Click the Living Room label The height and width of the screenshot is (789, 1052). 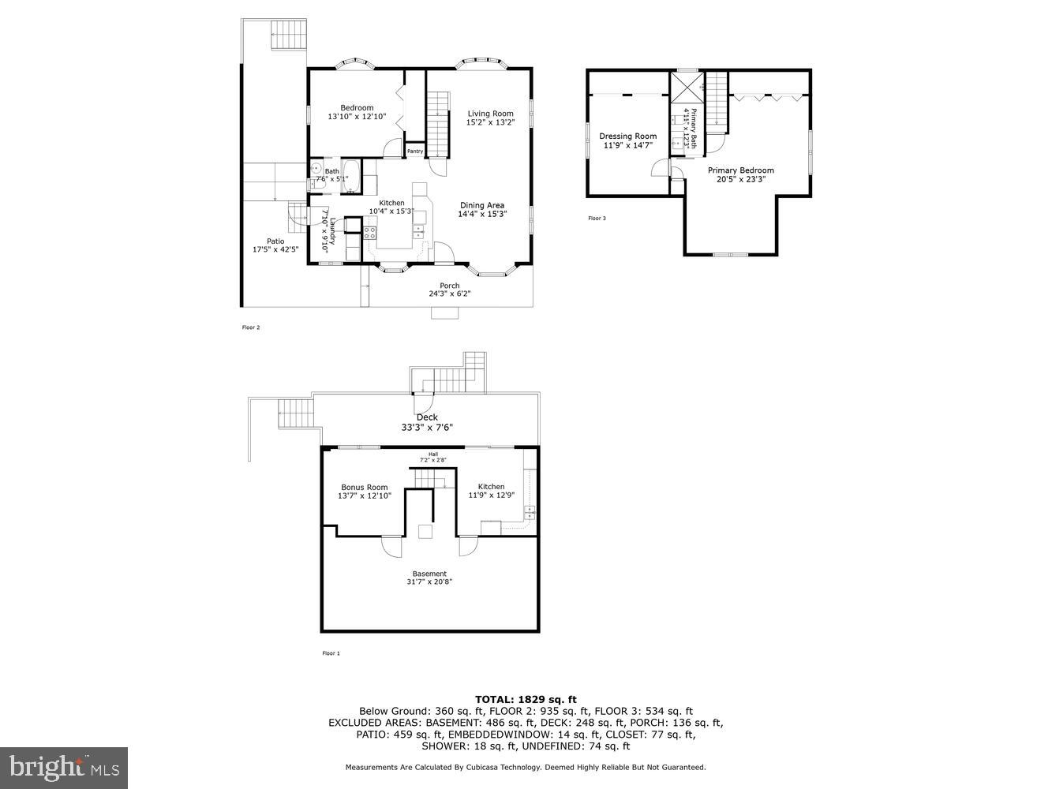click(490, 113)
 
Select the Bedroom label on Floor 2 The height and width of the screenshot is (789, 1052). click(357, 108)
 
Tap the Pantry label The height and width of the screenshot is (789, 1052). click(415, 151)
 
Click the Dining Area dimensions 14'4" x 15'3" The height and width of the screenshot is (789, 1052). click(482, 214)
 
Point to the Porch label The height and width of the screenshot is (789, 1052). click(449, 286)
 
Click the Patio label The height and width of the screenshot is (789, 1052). click(275, 241)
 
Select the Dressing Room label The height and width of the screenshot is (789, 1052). click(627, 136)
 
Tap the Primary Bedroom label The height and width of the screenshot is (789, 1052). click(740, 170)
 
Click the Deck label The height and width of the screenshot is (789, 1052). click(427, 417)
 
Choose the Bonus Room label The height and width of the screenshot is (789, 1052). click(364, 487)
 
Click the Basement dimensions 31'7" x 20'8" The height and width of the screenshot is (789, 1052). click(429, 582)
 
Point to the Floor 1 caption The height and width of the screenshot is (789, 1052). click(331, 653)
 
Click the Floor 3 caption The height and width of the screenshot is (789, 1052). click(597, 219)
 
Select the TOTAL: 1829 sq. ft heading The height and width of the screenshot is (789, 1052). click(526, 699)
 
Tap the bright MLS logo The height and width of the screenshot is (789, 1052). click(64, 768)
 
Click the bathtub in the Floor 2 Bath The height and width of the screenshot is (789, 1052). click(351, 177)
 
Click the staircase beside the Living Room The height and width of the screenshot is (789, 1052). click(438, 123)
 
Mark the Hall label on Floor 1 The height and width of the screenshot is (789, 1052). click(432, 454)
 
